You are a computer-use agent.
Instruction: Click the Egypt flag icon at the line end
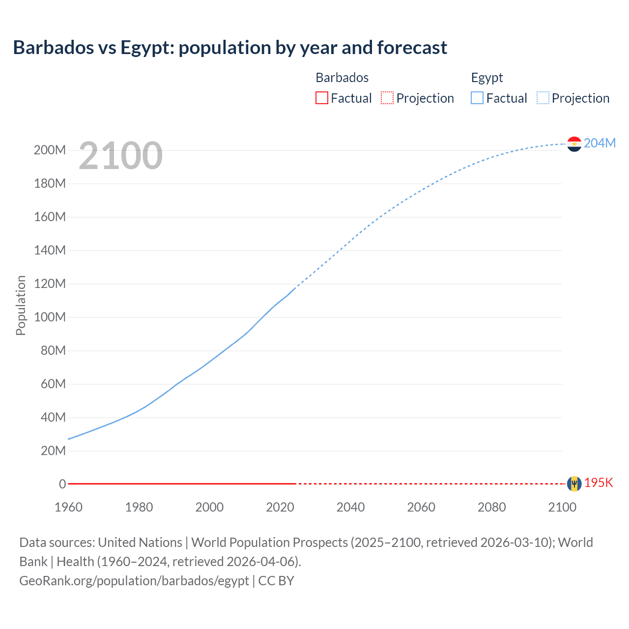click(574, 144)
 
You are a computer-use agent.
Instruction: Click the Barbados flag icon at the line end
click(574, 484)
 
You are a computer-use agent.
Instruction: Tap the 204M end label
click(600, 143)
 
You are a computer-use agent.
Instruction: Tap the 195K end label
click(599, 483)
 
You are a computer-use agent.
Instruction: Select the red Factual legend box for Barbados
click(321, 98)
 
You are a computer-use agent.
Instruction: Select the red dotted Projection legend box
click(387, 98)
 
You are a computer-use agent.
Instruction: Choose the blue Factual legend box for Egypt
click(477, 98)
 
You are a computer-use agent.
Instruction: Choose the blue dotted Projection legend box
click(543, 98)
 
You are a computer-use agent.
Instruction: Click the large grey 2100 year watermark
click(120, 156)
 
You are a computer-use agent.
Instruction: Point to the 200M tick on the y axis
click(50, 150)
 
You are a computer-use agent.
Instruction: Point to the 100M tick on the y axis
click(50, 317)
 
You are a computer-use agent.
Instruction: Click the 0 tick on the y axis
click(62, 484)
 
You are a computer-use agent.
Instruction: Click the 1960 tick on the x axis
click(68, 507)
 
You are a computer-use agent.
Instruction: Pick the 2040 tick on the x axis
click(350, 507)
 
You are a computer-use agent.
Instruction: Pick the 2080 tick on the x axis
click(491, 507)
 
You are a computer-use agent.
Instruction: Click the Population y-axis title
click(21, 305)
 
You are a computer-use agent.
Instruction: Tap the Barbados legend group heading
click(342, 78)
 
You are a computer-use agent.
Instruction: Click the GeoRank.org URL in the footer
click(134, 580)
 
